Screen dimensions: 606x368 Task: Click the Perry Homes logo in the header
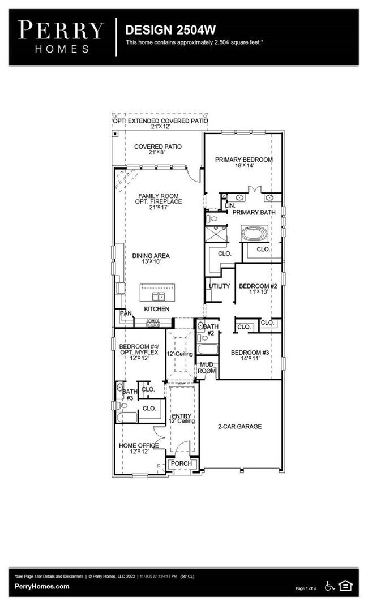(61, 37)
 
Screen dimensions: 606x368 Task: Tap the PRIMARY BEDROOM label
(243, 160)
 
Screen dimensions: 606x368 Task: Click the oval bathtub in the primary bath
(256, 233)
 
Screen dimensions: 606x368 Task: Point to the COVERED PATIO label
(157, 147)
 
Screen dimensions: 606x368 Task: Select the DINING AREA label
(151, 256)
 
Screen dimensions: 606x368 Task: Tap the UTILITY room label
(219, 286)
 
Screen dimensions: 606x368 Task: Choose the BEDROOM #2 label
(258, 286)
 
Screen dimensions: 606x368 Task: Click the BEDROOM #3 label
(250, 353)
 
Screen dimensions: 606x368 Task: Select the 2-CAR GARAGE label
(240, 426)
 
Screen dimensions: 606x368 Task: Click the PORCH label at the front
(182, 463)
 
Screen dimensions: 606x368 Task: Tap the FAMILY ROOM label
(158, 196)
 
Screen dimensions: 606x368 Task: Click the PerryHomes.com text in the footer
(42, 586)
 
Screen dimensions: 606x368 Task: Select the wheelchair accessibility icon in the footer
(330, 586)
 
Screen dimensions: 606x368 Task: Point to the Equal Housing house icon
(345, 586)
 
